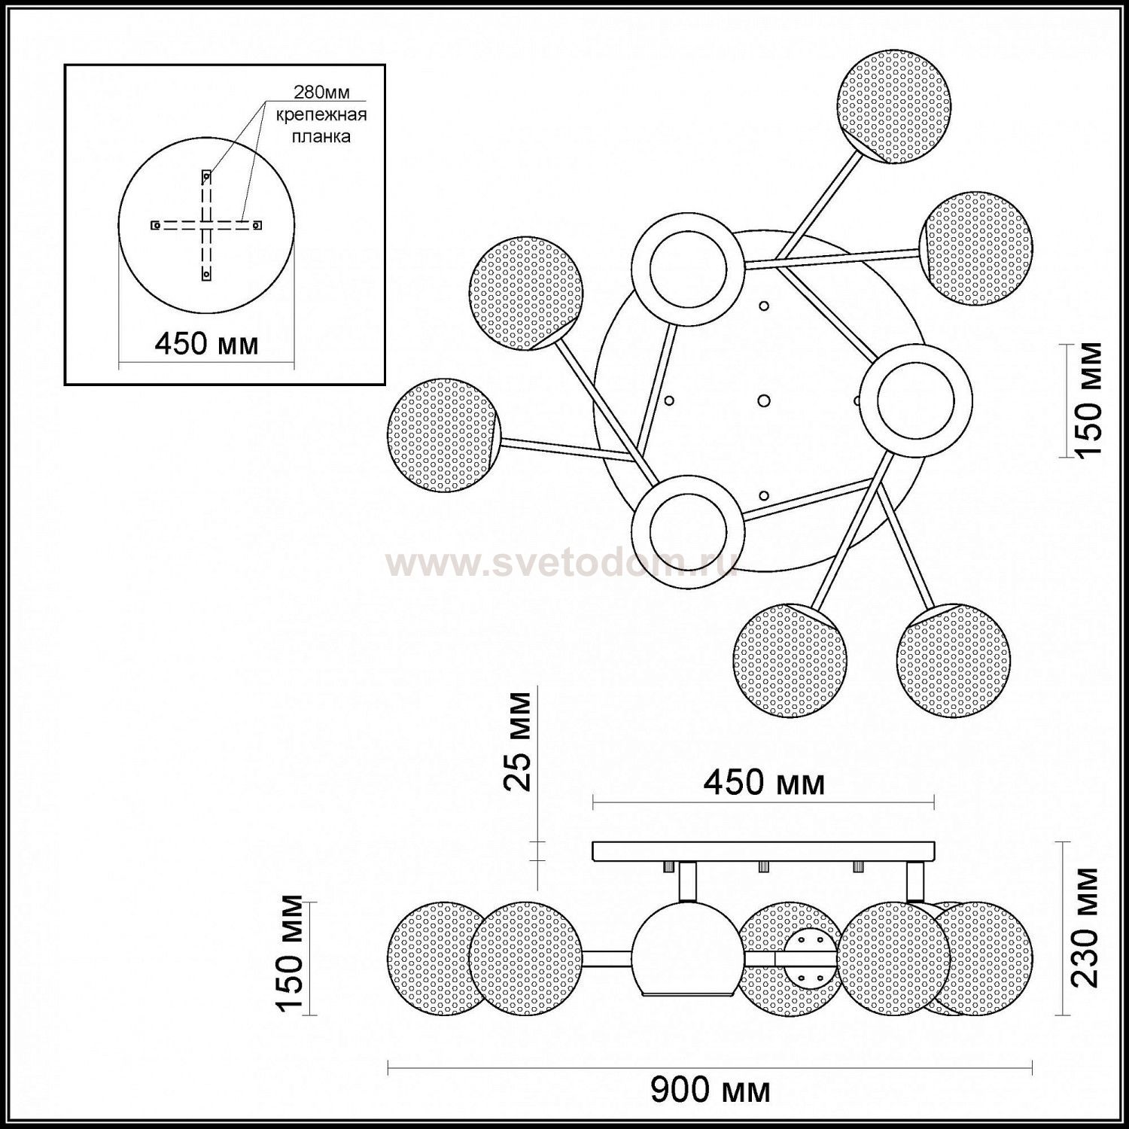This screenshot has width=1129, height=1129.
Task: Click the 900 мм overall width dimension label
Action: pyautogui.click(x=710, y=1089)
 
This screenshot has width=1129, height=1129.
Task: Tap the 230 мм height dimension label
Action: pyautogui.click(x=1085, y=927)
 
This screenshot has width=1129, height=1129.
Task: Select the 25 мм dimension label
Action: pyautogui.click(x=517, y=741)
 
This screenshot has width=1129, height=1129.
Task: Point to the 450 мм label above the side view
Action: pyautogui.click(x=764, y=784)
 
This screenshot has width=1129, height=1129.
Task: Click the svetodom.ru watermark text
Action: pyautogui.click(x=561, y=563)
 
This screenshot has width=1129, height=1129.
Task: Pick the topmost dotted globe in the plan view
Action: pyautogui.click(x=894, y=107)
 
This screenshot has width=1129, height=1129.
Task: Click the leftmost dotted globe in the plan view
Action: pyautogui.click(x=443, y=436)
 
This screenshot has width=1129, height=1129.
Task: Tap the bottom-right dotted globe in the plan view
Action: pyautogui.click(x=953, y=660)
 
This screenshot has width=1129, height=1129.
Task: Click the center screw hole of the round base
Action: pyautogui.click(x=763, y=400)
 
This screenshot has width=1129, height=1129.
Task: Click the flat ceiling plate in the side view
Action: pyautogui.click(x=764, y=852)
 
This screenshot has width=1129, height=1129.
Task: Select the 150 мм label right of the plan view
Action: pyautogui.click(x=1088, y=399)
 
